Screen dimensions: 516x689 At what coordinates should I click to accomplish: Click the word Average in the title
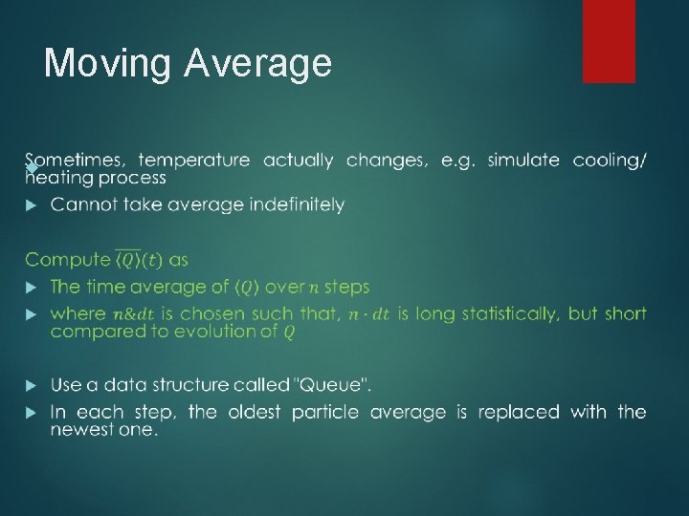click(258, 63)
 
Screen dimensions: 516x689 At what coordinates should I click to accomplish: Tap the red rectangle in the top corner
click(609, 40)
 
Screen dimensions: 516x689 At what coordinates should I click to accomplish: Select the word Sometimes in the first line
click(77, 161)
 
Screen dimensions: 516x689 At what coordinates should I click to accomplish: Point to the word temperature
click(195, 161)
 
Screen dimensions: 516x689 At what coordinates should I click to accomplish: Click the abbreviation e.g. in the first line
click(457, 161)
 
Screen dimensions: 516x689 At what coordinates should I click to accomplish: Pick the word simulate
click(523, 161)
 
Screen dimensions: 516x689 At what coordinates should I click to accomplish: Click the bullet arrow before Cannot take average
click(31, 205)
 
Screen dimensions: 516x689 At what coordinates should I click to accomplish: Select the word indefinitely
click(297, 205)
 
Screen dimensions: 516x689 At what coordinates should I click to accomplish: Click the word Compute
click(67, 260)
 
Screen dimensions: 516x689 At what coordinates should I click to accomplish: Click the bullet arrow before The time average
click(31, 287)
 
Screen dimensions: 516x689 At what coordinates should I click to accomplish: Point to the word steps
click(346, 287)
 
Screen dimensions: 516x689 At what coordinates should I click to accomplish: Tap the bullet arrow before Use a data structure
click(31, 385)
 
